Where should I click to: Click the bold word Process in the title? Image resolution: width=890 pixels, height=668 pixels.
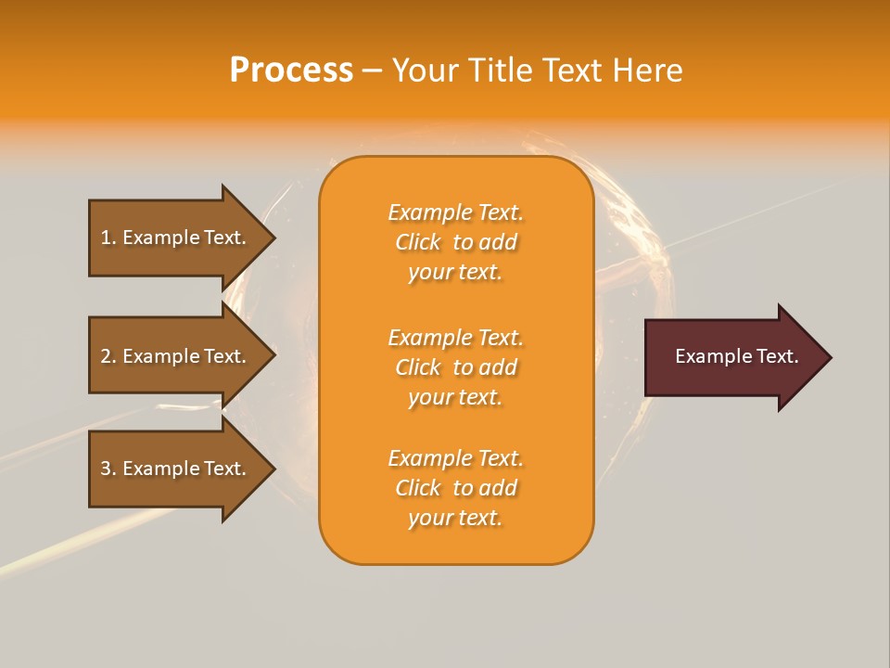click(291, 71)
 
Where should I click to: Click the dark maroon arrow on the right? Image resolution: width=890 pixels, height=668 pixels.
click(732, 357)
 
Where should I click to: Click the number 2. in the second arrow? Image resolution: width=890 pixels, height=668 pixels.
click(108, 356)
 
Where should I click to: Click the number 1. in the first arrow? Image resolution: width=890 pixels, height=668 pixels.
click(108, 238)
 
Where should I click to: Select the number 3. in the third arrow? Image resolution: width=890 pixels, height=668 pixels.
click(108, 469)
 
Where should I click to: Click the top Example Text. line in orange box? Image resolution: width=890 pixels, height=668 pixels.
click(455, 212)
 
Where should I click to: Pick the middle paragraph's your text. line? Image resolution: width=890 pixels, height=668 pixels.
click(455, 397)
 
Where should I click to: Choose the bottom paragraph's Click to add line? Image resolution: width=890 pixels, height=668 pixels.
click(455, 488)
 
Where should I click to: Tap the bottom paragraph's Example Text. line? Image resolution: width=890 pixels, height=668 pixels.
click(455, 458)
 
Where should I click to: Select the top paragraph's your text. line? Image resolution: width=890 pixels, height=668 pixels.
click(455, 272)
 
